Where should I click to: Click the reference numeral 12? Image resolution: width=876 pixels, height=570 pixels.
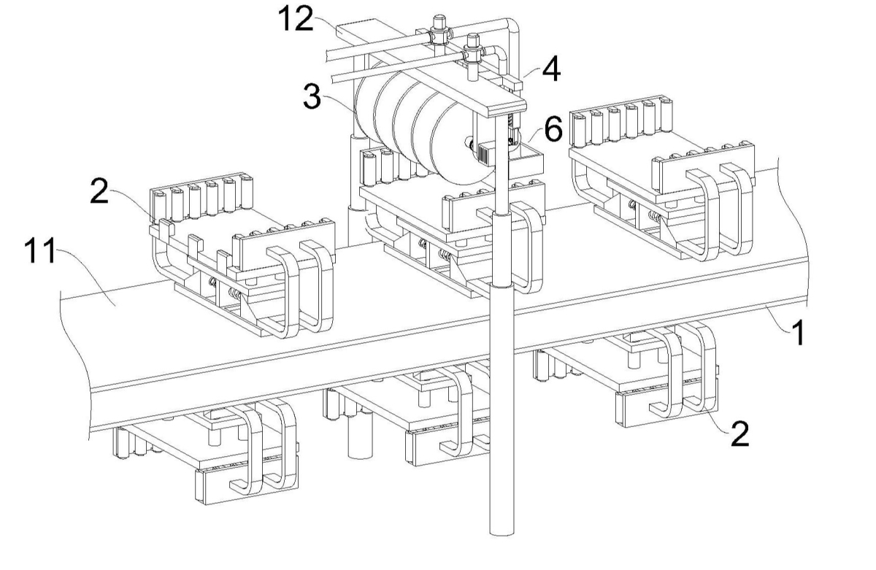(x=295, y=19)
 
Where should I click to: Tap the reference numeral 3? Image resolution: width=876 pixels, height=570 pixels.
(x=312, y=97)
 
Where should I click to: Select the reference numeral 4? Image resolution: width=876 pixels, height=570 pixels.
(x=551, y=71)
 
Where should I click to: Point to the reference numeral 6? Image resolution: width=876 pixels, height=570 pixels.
(x=553, y=131)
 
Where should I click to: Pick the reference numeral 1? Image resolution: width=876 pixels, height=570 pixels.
(x=799, y=334)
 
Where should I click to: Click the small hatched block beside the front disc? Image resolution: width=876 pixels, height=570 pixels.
(x=487, y=153)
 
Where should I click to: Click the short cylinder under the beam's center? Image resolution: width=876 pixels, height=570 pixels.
(x=358, y=438)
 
